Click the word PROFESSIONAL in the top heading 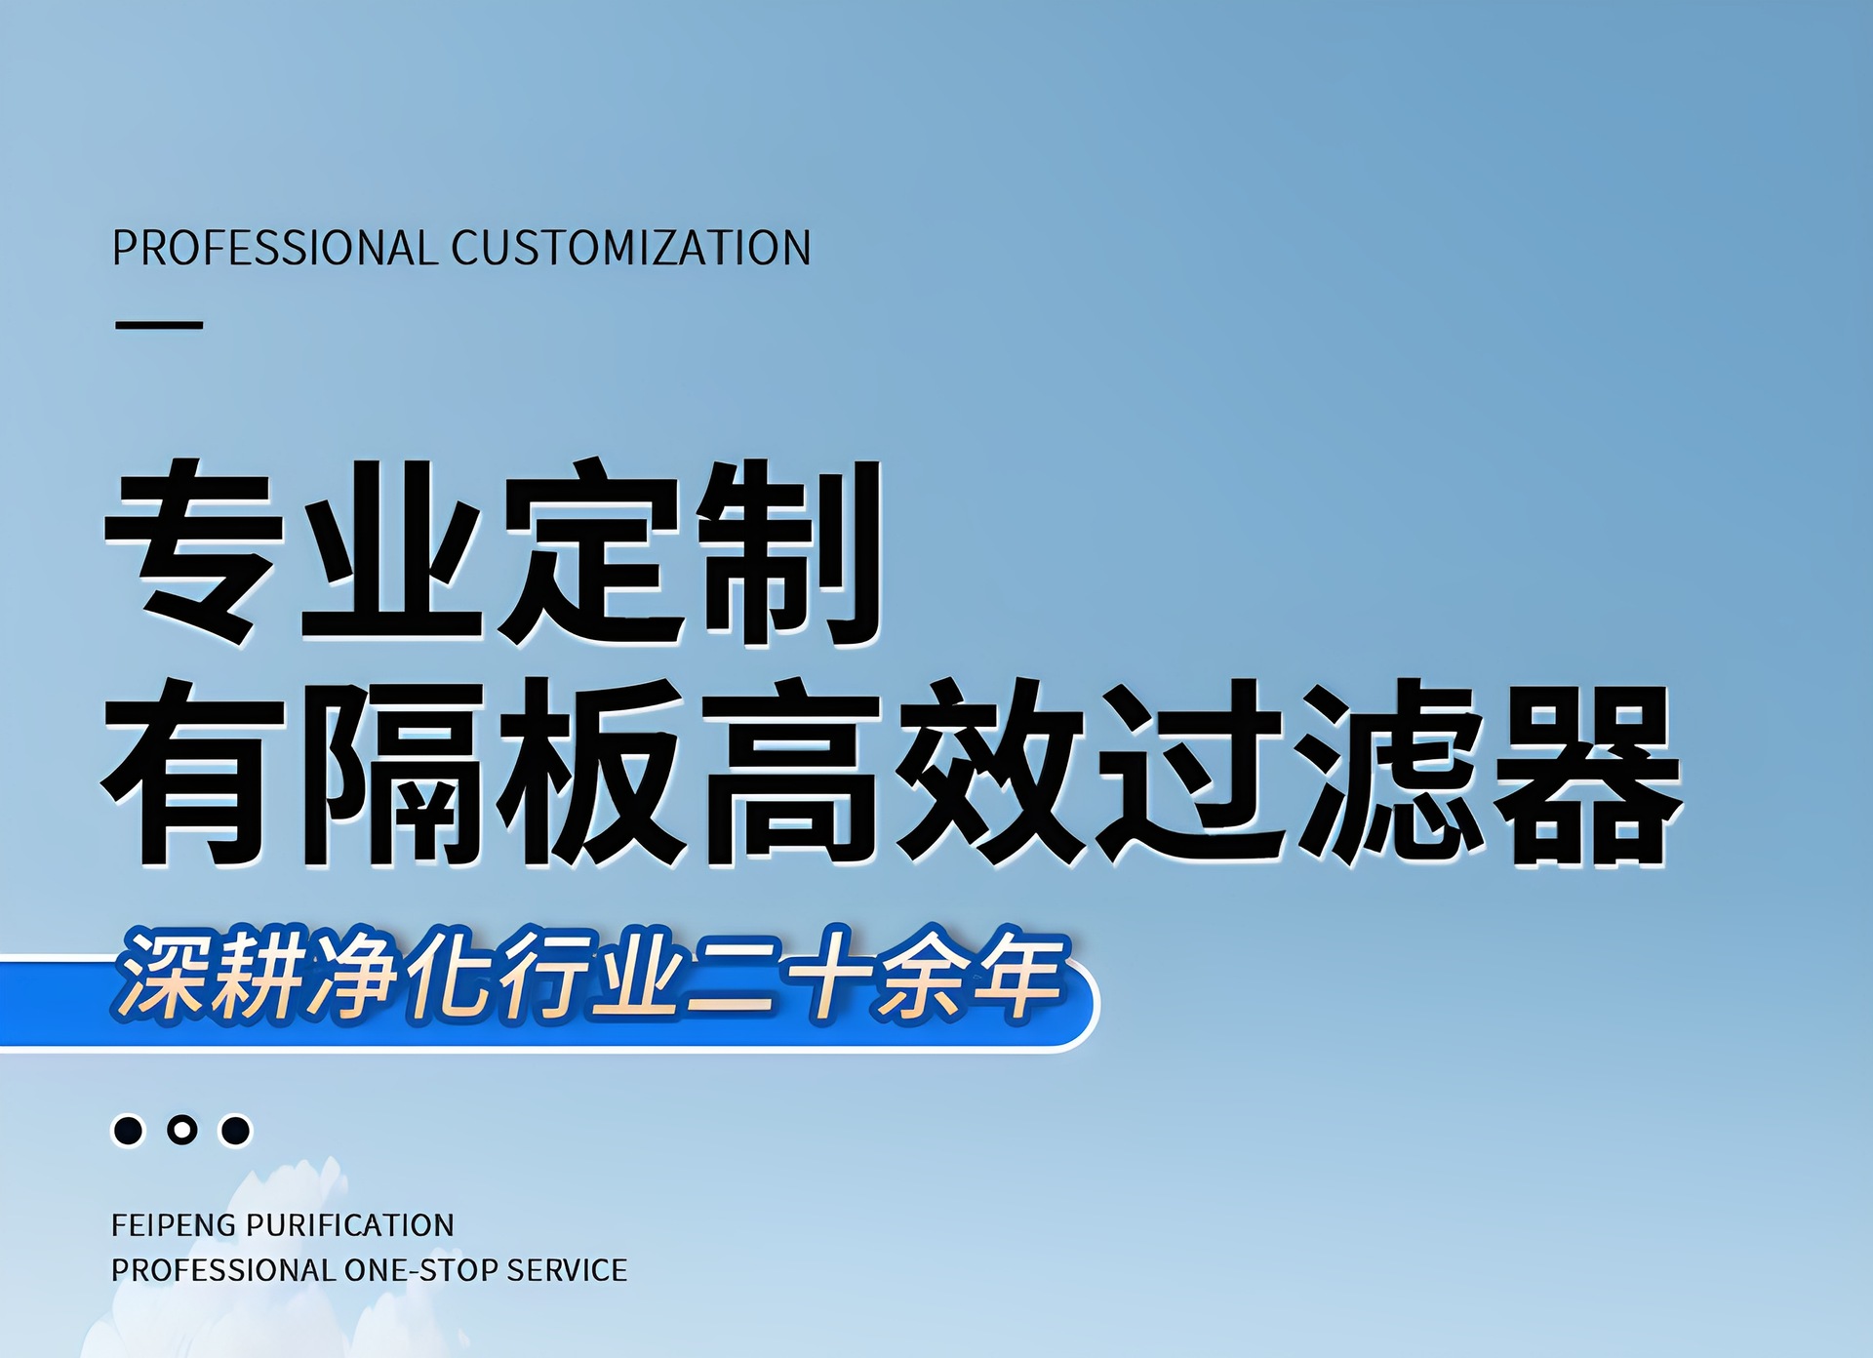tap(274, 248)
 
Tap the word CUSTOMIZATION tap(630, 248)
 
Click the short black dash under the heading tap(159, 325)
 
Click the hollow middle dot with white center tap(181, 1130)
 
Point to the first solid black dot tap(128, 1130)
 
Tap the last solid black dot tap(235, 1130)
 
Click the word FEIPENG tap(174, 1225)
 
